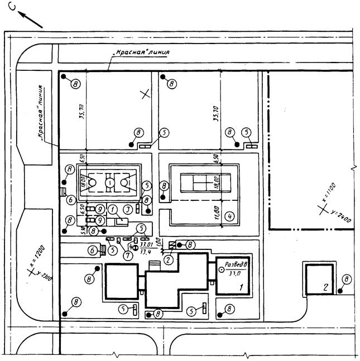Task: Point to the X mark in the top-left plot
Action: [x=145, y=94]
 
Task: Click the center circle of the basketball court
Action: [x=110, y=181]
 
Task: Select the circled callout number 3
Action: [x=128, y=209]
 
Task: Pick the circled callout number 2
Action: [x=169, y=258]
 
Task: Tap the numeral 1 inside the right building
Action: [x=241, y=287]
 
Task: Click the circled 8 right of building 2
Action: [x=346, y=278]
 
